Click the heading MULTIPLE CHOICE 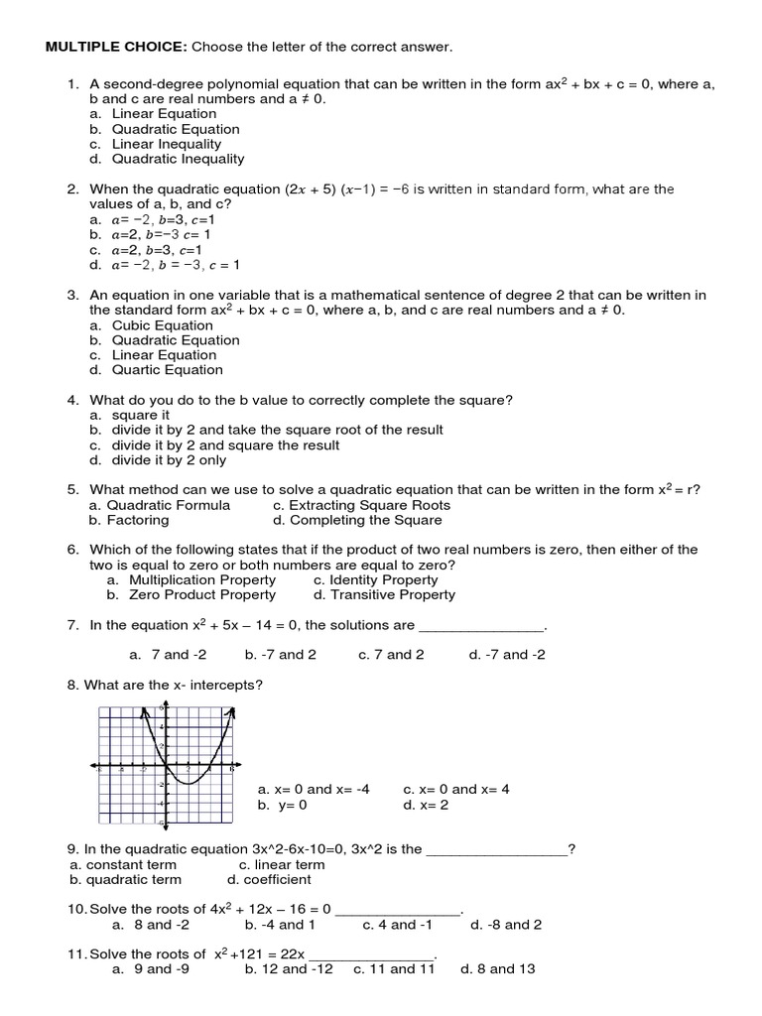coord(112,46)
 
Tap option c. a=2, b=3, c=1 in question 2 coord(146,250)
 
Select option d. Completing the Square coord(362,520)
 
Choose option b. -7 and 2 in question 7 coord(281,655)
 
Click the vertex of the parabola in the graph coord(188,783)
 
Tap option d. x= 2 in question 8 coord(427,805)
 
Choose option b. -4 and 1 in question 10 coord(281,924)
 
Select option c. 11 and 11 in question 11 coord(394,968)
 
